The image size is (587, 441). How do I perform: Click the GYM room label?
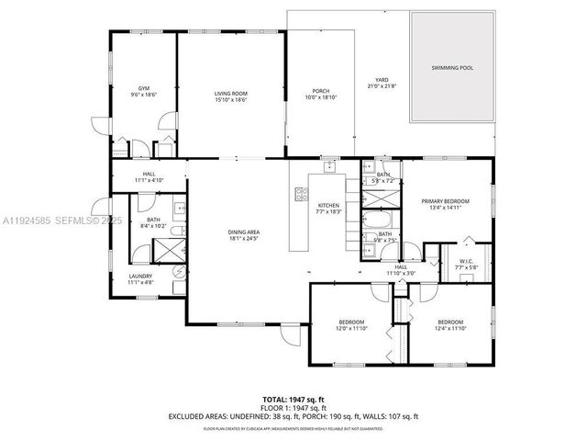(143, 87)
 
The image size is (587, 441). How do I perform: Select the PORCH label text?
(320, 90)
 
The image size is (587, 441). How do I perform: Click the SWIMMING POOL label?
(452, 68)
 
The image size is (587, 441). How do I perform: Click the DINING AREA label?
(243, 232)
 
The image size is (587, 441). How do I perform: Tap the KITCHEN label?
(329, 205)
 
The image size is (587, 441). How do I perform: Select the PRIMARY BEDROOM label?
(445, 200)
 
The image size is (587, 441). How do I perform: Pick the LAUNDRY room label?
(140, 275)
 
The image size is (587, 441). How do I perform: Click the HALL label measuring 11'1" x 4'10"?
(149, 181)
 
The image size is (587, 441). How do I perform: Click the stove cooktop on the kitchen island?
(299, 194)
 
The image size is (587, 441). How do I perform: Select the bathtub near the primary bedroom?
(377, 220)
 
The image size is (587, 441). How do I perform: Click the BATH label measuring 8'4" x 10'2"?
(154, 224)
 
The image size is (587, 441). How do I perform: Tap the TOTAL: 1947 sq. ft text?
(293, 400)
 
